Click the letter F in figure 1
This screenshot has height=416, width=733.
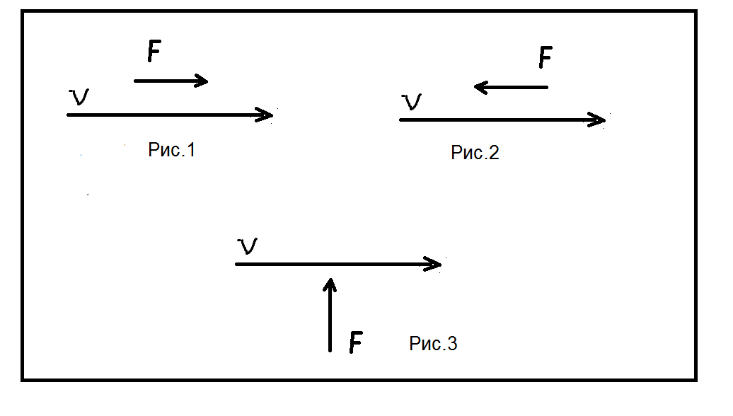coord(154,51)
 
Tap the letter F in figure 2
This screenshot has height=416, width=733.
coord(545,57)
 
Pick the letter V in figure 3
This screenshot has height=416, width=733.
coord(247,246)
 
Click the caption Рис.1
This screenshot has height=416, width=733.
coord(171,150)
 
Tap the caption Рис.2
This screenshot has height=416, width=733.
coord(475,152)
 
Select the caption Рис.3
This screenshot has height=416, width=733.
coord(433,344)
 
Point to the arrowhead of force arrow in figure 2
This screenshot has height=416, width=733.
coord(478,87)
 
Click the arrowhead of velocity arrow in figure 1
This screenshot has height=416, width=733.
coord(270,115)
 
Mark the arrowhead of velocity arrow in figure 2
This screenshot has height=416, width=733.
coord(602,120)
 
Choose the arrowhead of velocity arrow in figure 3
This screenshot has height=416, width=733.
coord(438,264)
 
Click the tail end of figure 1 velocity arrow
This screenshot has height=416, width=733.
coord(68,115)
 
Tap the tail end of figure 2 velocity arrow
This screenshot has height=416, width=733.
coord(400,120)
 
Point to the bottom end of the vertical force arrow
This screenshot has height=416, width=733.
coord(330,350)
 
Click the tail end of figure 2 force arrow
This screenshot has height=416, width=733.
coord(547,87)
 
